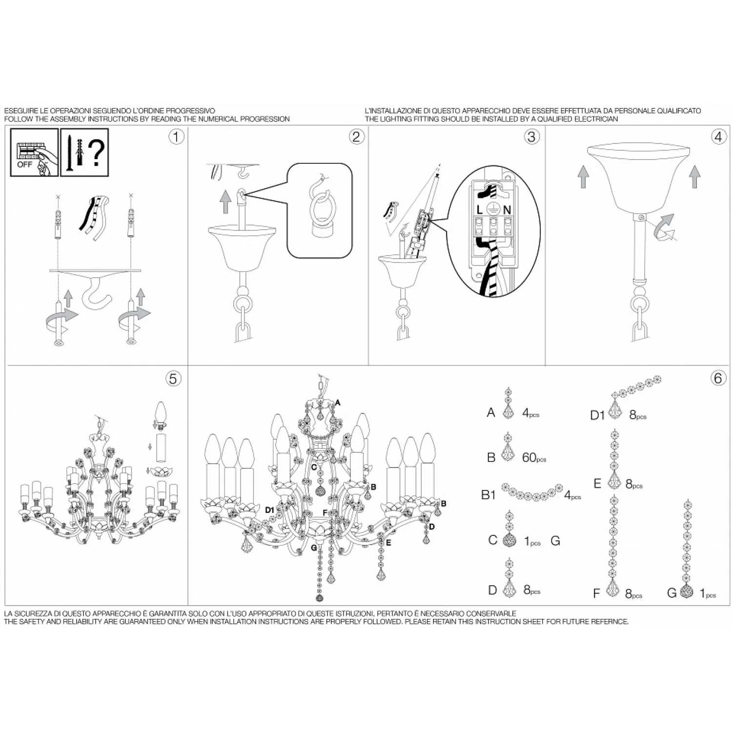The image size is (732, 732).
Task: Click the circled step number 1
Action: [176, 137]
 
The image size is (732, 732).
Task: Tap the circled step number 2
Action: [357, 137]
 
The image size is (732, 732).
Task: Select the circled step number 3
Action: [531, 137]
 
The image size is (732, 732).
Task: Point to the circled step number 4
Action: [718, 137]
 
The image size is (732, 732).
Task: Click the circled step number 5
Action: [173, 379]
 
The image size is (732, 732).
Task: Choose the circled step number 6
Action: [718, 379]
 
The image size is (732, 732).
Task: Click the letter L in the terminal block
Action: [480, 209]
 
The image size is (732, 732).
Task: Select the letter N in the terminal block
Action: [507, 209]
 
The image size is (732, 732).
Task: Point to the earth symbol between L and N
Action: [492, 209]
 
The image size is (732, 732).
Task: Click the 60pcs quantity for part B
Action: [534, 457]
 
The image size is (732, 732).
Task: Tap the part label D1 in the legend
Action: [597, 415]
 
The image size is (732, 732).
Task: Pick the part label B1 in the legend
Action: [488, 495]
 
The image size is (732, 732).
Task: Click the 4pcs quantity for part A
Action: [530, 413]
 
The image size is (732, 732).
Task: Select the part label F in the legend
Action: [596, 594]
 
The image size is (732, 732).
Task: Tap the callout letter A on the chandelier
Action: [338, 403]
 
